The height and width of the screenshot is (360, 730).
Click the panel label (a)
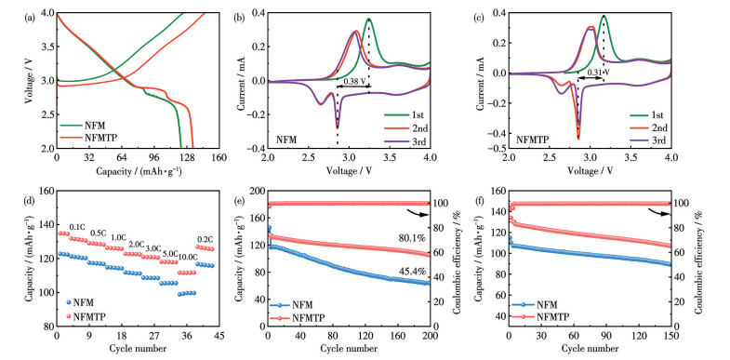[x=30, y=19]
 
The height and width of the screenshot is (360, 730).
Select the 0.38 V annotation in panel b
[x=354, y=81]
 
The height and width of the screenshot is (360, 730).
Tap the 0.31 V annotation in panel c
[x=598, y=73]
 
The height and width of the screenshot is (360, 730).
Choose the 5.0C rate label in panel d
[x=168, y=254]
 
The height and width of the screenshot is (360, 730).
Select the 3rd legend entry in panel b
[x=405, y=141]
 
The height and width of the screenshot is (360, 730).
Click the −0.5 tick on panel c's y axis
[x=498, y=149]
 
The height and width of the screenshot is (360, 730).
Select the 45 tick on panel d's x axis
[x=219, y=335]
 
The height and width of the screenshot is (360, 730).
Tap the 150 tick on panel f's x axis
[x=670, y=335]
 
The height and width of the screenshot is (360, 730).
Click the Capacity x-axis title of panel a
[x=139, y=171]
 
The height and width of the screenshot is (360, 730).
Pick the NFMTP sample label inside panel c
[x=533, y=139]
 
